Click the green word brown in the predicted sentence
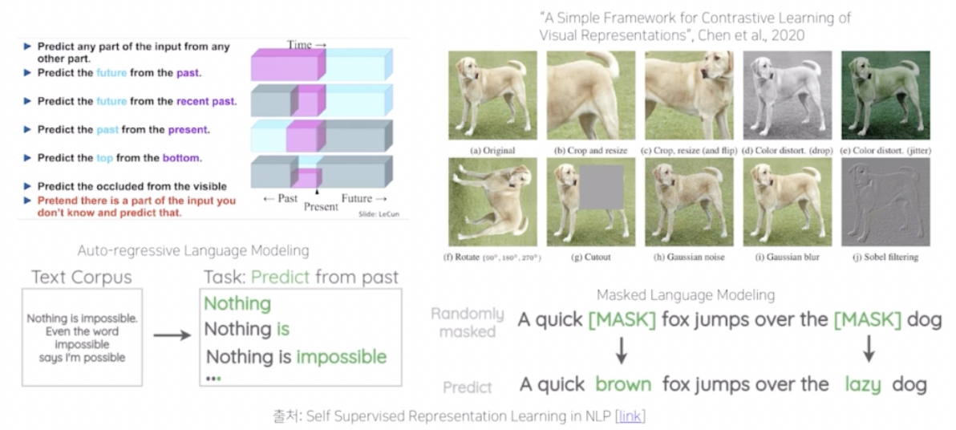coord(623,384)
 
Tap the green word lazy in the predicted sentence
coord(863,385)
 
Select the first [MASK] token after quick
coord(622,320)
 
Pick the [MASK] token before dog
coord(867,320)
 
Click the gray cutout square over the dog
coord(602,196)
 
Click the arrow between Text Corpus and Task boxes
coord(172,335)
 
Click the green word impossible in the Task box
coord(342,356)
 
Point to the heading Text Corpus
coord(81,278)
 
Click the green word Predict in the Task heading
coord(281,278)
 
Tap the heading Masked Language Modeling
coord(686,295)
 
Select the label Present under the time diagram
coord(321,207)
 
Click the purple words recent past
coord(205,102)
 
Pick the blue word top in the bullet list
coord(105,158)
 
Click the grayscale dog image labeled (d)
coord(788,95)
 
